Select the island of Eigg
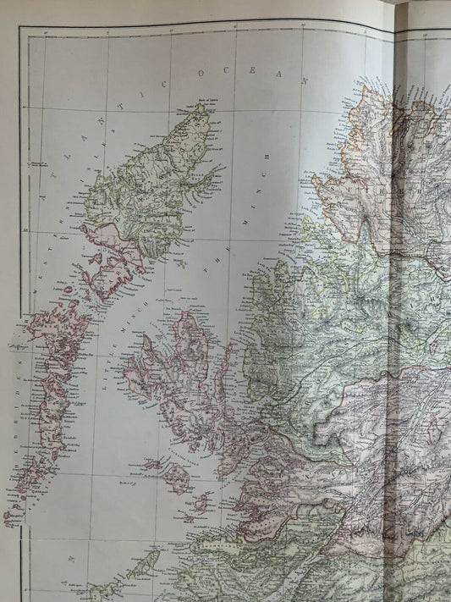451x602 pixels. (x=200, y=503)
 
